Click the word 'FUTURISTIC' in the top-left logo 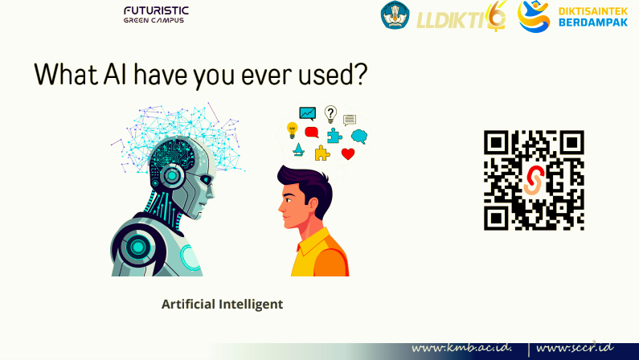tap(156, 10)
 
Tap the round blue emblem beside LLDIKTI tap(395, 16)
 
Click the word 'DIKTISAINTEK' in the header tap(592, 10)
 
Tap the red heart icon tap(348, 153)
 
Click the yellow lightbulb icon tap(293, 129)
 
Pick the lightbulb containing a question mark tap(330, 114)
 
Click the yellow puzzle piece tap(322, 153)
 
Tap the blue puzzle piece tap(334, 135)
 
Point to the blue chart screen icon tap(307, 113)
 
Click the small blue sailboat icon tap(298, 149)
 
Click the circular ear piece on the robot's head tap(170, 174)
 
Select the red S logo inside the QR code tap(534, 180)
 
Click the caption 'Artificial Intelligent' tap(222, 305)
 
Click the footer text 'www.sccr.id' tap(574, 349)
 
